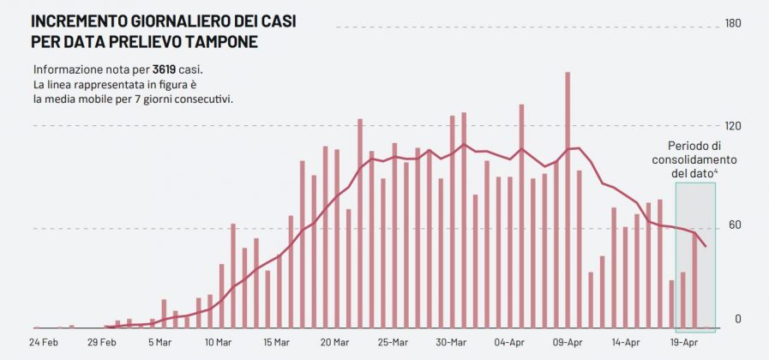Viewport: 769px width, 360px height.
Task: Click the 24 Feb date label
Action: (44, 343)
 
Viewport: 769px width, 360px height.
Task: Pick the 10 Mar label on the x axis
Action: (219, 343)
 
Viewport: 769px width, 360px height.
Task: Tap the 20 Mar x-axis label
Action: (334, 343)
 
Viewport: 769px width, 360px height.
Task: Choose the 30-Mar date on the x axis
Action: (451, 343)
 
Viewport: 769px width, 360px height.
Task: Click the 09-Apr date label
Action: (568, 343)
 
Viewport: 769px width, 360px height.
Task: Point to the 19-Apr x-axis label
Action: (683, 343)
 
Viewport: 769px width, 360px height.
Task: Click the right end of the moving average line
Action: (706, 247)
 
